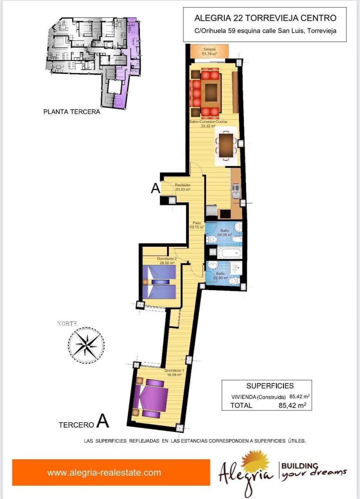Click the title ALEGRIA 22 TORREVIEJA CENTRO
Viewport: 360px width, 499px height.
coord(265,18)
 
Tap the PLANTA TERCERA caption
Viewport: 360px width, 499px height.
coord(72,112)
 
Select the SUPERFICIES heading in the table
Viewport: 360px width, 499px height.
coord(270,385)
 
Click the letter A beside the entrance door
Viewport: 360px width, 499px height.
coord(155,189)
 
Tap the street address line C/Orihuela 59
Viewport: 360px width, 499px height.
coord(265,30)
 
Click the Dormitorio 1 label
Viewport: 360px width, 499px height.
coord(174,372)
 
